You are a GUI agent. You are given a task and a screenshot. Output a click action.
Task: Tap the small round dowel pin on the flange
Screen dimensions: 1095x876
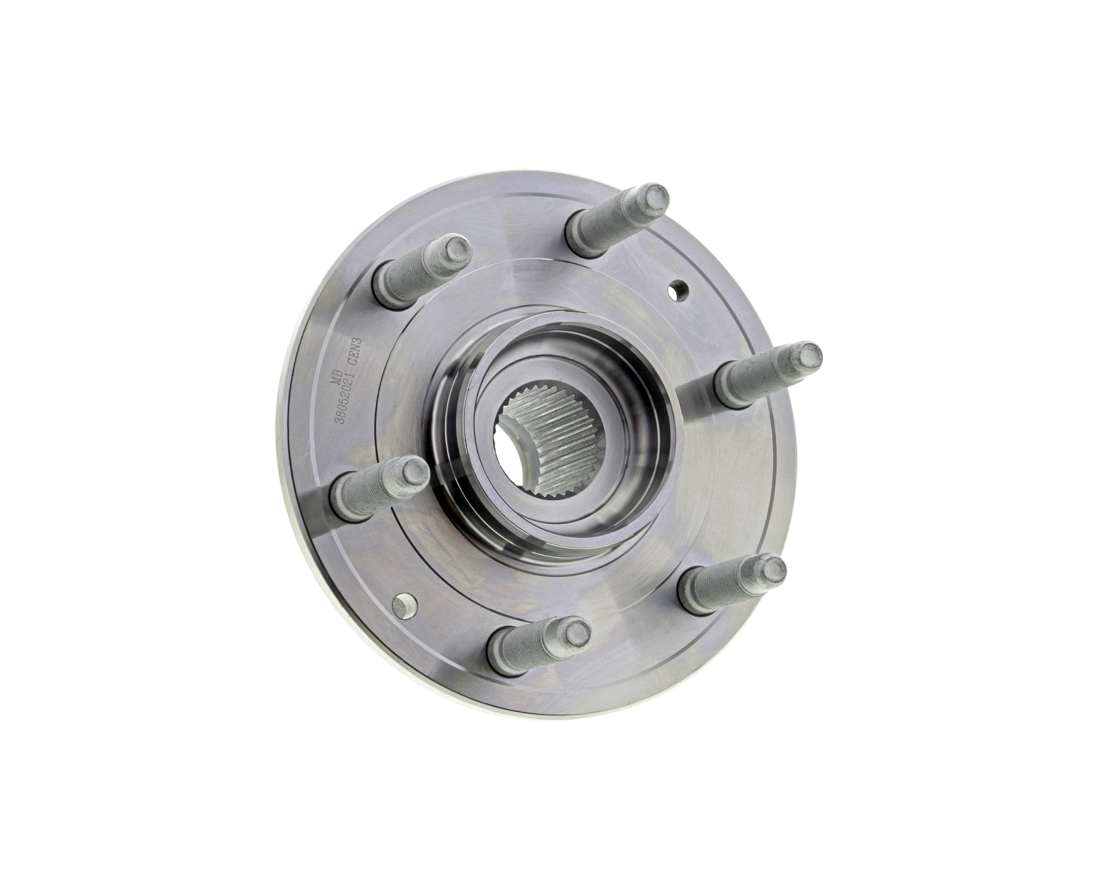[x=405, y=604]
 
